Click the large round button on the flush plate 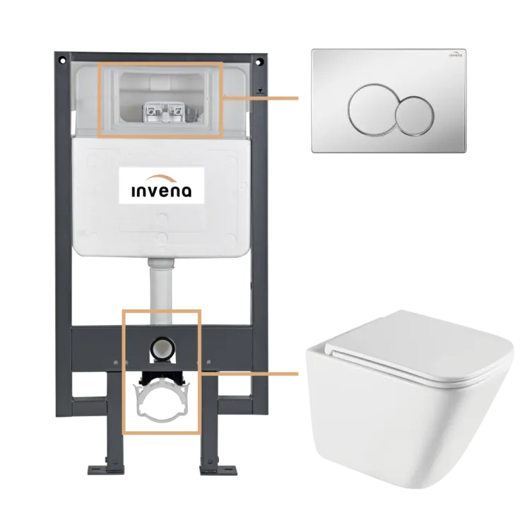(371, 110)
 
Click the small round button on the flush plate (415, 116)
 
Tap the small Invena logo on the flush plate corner (456, 54)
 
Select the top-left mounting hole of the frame (62, 61)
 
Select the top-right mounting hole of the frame (259, 62)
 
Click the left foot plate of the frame (106, 470)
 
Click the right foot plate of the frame (218, 470)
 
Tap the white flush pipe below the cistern (161, 290)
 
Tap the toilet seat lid (419, 348)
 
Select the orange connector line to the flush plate (260, 98)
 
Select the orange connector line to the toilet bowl (249, 374)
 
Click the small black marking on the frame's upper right (259, 91)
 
